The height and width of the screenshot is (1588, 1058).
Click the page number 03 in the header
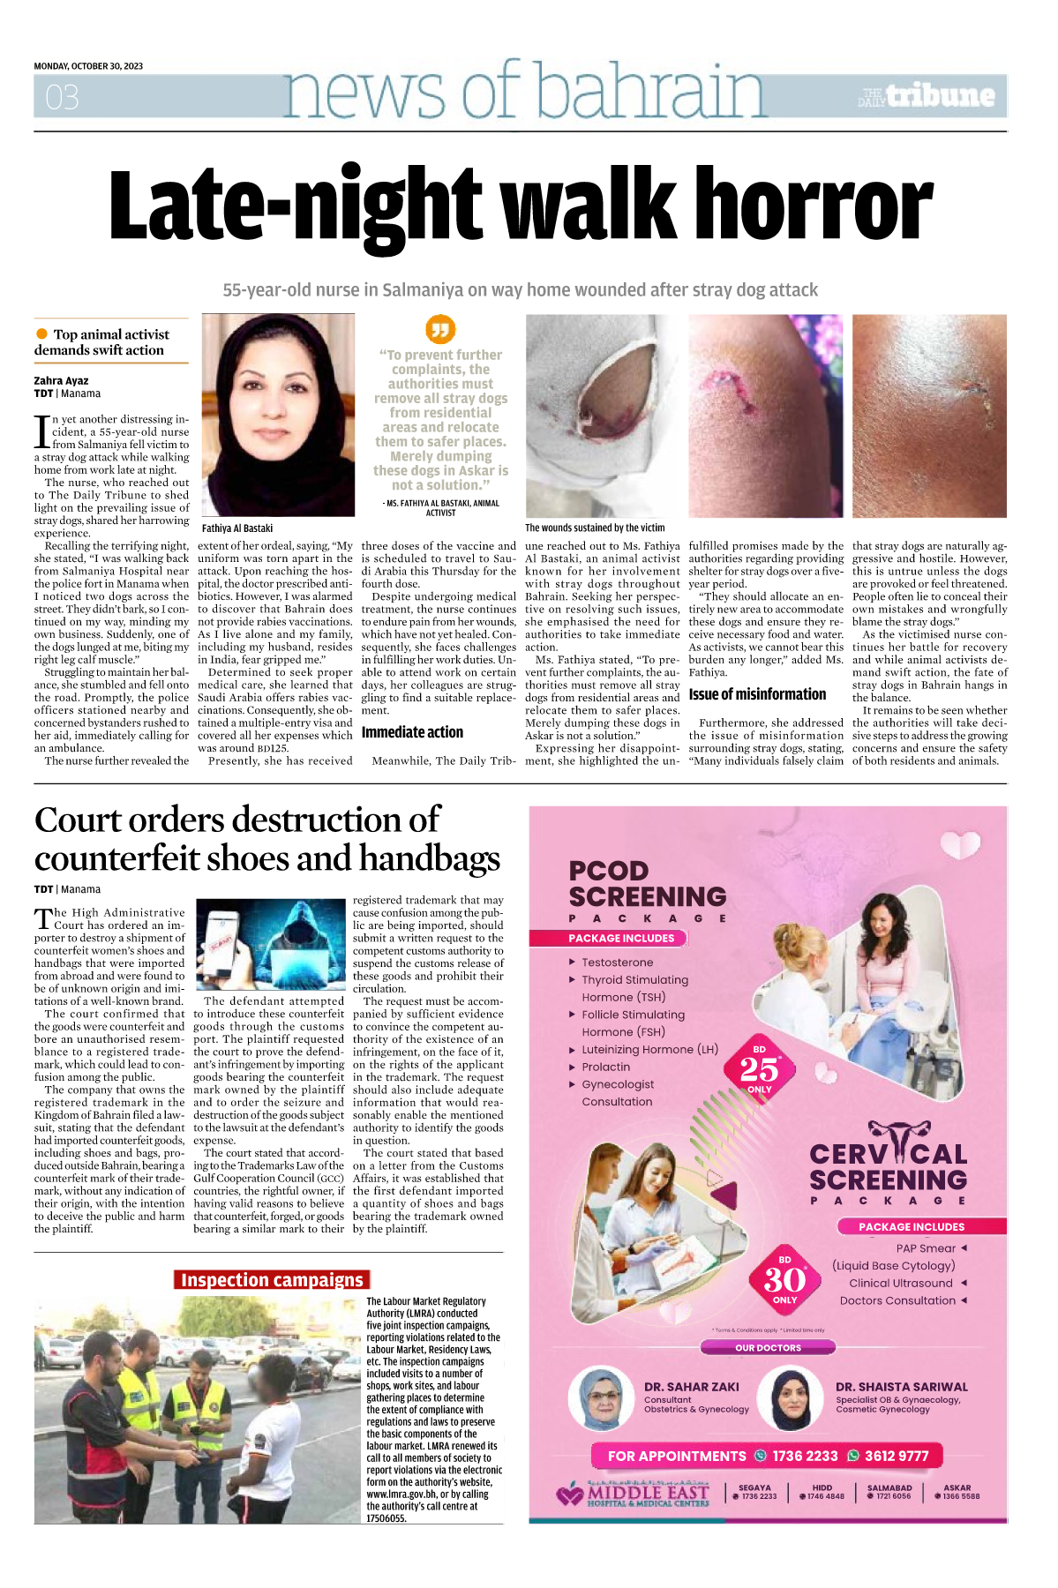62,96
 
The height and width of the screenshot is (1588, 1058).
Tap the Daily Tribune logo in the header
927,96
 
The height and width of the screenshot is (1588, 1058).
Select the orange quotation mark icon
440,329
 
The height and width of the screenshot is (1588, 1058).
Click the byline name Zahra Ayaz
62,381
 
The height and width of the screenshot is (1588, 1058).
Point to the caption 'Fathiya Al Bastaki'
237,528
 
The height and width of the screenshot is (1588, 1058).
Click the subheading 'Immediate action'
412,732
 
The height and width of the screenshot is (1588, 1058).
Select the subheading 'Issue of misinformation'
757,694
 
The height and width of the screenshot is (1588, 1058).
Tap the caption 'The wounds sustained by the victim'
595,528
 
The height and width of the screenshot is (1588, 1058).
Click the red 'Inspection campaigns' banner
272,1280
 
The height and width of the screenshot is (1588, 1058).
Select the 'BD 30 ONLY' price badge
784,1280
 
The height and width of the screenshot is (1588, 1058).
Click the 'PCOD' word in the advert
609,871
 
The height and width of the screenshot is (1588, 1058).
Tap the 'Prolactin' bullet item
605,1067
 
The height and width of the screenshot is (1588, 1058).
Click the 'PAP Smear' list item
926,1248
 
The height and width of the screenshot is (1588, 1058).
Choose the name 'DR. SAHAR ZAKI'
692,1387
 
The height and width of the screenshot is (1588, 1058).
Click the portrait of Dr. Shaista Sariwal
792,1398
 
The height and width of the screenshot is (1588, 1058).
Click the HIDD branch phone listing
822,1492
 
